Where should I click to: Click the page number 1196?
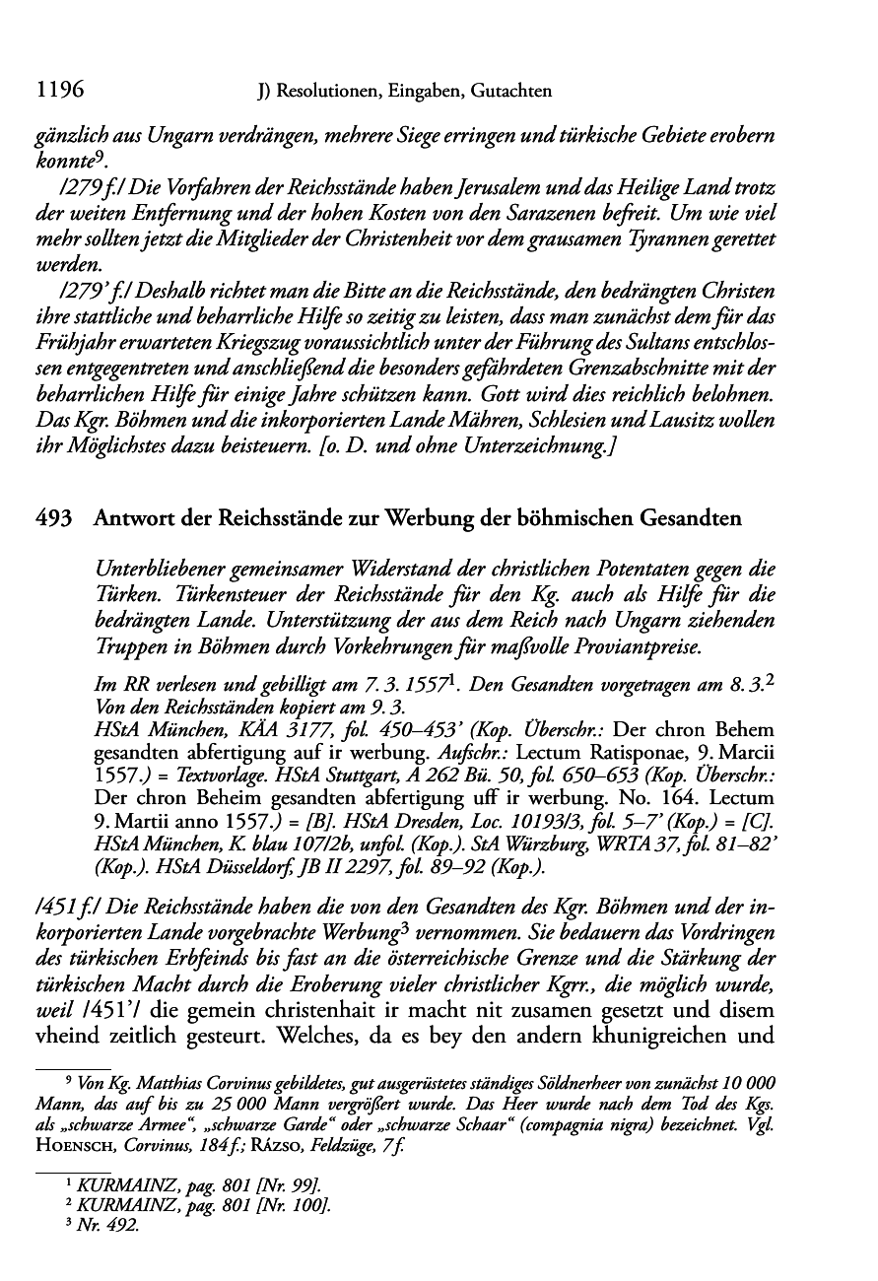coord(58,92)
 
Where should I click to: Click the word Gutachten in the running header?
coord(509,93)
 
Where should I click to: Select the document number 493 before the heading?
coord(53,519)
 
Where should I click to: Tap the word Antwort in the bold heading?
coord(130,519)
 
